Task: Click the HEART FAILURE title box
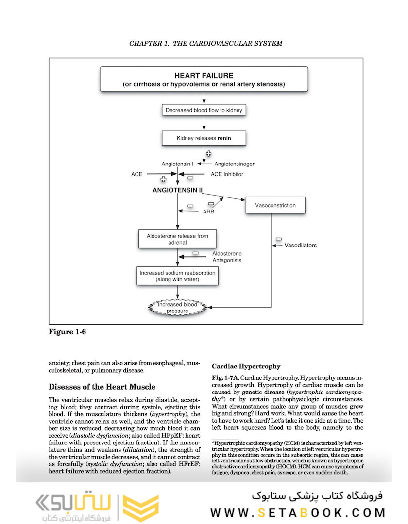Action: coord(204,80)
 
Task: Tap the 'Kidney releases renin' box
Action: coord(204,138)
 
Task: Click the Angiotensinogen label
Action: coord(235,164)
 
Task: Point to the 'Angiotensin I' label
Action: coord(178,164)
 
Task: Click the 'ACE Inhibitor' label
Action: coord(227,174)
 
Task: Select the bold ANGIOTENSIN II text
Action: coord(177,190)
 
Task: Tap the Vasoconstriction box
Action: coord(275,205)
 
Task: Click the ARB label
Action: coord(208,212)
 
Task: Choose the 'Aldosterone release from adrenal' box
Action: coord(177,239)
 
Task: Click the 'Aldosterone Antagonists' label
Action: coord(227,257)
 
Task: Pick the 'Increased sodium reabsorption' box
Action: coord(177,276)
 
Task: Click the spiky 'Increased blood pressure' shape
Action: coord(177,308)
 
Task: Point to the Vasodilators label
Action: coord(300,245)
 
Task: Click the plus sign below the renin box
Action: coord(209,153)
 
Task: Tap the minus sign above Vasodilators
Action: coord(278,239)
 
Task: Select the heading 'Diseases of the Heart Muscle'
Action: coord(102,387)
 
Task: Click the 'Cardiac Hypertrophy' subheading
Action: coord(246,366)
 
